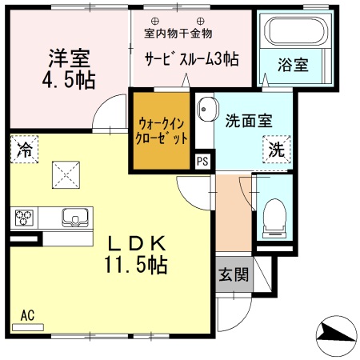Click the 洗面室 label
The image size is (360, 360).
pos(249,121)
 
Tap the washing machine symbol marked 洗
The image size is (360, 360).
pos(275,149)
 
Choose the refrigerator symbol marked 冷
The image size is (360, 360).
pos(25,149)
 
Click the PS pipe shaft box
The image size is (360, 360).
pos(204,160)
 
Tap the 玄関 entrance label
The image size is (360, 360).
pos(234,274)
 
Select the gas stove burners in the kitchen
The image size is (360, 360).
pos(23,217)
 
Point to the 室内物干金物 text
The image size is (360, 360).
pos(178,34)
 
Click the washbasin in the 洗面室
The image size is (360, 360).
pos(206,109)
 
